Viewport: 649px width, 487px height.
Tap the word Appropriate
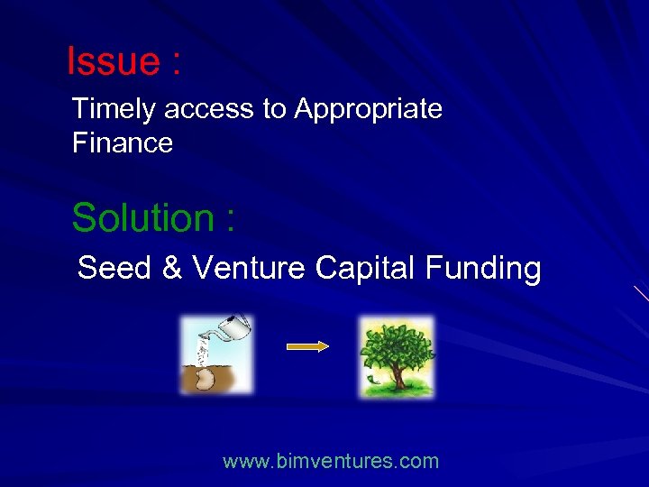click(368, 109)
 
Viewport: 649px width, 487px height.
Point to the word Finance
click(122, 142)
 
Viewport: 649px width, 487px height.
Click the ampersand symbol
click(171, 268)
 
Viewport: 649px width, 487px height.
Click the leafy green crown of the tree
click(396, 346)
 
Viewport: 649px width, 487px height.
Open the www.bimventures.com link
click(331, 462)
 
